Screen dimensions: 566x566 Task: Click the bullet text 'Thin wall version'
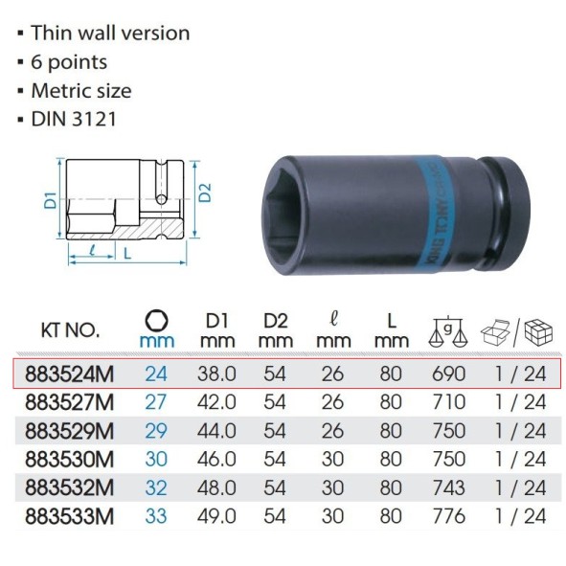point(110,33)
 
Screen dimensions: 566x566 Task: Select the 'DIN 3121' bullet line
point(74,119)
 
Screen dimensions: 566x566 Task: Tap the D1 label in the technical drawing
point(51,201)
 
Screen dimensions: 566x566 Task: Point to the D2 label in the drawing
point(205,192)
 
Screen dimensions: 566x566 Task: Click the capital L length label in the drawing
point(127,254)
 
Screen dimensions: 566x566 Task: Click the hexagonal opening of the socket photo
point(285,215)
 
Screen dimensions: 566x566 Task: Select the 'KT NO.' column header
point(70,329)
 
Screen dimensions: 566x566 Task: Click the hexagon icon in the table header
point(156,321)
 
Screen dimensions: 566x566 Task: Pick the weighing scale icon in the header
point(447,330)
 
